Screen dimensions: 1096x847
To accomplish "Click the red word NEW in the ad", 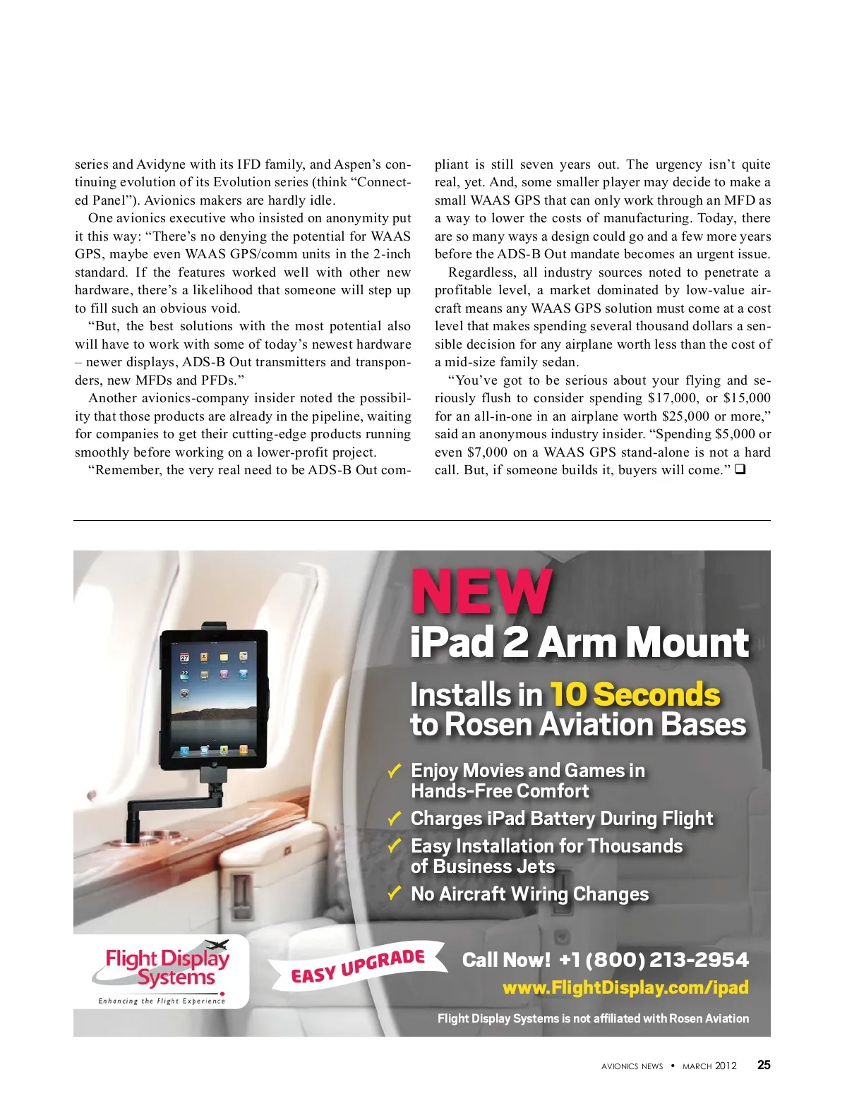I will pos(481,591).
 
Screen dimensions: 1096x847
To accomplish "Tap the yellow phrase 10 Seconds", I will pos(635,694).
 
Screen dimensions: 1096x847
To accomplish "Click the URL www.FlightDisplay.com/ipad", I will pos(625,987).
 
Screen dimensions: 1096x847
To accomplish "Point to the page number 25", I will pos(764,1065).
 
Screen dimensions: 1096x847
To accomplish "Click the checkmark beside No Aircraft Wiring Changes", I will pos(395,893).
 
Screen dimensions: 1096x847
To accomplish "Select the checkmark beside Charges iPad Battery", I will pos(395,818).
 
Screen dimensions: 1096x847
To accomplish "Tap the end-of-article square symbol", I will pos(740,469).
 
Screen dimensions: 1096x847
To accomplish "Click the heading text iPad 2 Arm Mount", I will pos(579,643).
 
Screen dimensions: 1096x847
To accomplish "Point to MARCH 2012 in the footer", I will pos(709,1066).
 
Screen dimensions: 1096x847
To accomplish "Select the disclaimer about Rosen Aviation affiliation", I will pos(593,1018).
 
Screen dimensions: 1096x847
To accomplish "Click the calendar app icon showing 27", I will pos(185,658).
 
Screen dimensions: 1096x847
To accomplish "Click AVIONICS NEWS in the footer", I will pos(632,1066).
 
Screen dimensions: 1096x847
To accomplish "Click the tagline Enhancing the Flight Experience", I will pos(162,1001).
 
